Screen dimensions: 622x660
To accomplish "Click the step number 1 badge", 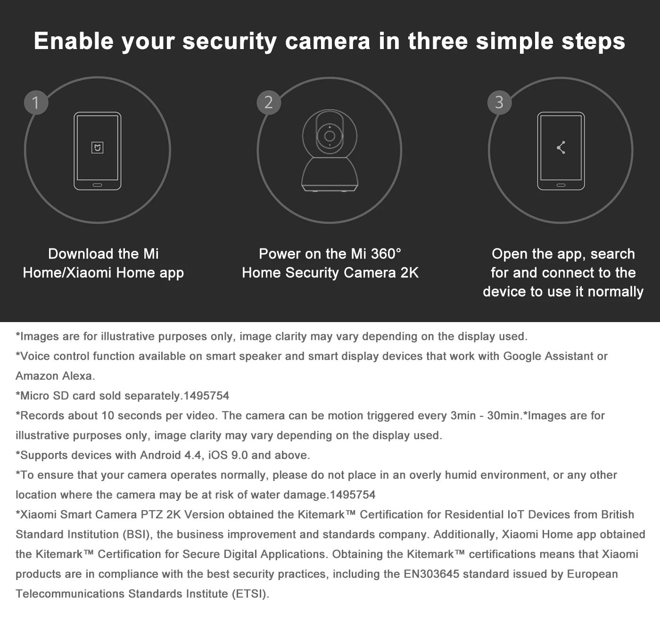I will click(x=36, y=102).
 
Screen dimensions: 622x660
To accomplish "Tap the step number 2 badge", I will click(x=269, y=102).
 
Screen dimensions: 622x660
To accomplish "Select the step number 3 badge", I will click(x=500, y=102).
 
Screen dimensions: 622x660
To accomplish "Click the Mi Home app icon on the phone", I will click(x=97, y=148).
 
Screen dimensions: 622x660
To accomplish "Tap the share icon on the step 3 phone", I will click(x=561, y=148).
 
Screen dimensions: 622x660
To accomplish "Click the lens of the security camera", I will click(x=330, y=136).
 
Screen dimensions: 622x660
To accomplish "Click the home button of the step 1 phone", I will click(x=97, y=185).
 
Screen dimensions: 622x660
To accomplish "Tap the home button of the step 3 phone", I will click(x=561, y=185).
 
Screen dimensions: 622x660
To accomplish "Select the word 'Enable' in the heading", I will click(x=74, y=41).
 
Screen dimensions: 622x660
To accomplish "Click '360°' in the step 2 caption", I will click(x=386, y=254).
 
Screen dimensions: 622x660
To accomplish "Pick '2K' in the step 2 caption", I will click(x=409, y=273).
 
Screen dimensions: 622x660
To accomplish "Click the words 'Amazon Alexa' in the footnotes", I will click(x=55, y=376).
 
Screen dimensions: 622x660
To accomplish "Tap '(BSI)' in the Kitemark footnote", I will click(x=136, y=534).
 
